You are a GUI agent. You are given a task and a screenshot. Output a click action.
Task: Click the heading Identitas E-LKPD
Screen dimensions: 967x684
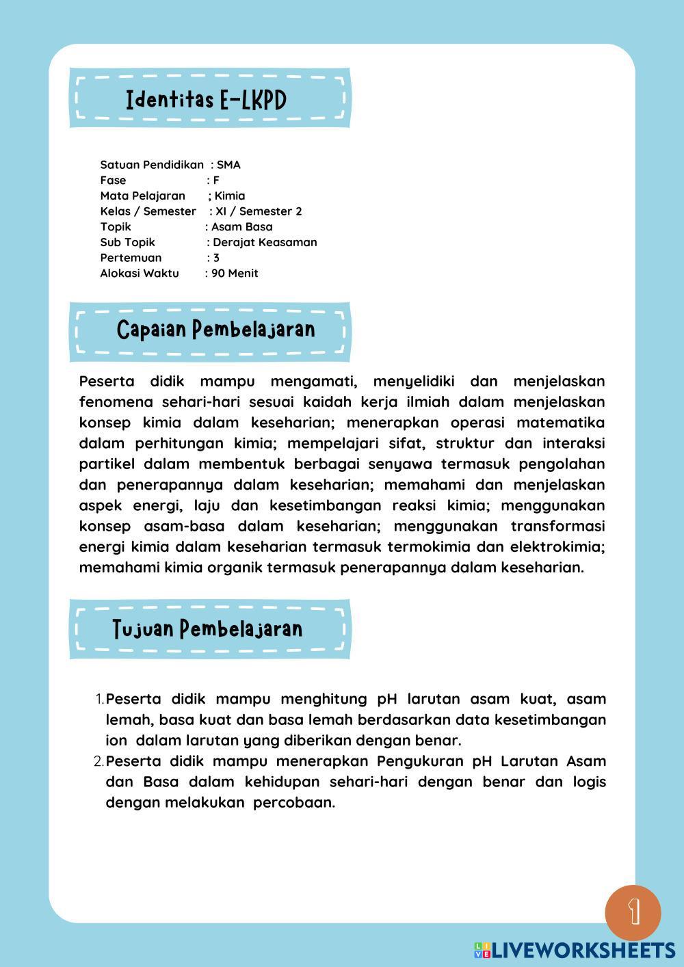206,101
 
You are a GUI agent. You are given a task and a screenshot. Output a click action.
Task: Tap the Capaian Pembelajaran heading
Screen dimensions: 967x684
215,330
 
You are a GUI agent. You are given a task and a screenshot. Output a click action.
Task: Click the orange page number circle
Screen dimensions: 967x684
633,912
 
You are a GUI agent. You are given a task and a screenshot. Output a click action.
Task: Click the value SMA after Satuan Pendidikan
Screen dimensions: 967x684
228,165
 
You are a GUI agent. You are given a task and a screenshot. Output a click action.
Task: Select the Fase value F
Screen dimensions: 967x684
216,181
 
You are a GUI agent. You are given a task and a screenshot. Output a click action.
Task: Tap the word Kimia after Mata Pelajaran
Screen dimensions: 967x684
230,196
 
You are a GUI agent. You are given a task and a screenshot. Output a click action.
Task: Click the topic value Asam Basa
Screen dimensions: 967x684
241,227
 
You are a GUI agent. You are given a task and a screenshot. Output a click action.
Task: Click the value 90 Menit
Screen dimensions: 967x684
235,274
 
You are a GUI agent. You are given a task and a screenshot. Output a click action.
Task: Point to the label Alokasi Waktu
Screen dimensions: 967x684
140,274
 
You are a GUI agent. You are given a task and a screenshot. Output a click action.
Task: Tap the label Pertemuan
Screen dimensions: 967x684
131,258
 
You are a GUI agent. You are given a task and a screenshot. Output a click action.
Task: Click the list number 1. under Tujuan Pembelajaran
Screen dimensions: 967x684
99,700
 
